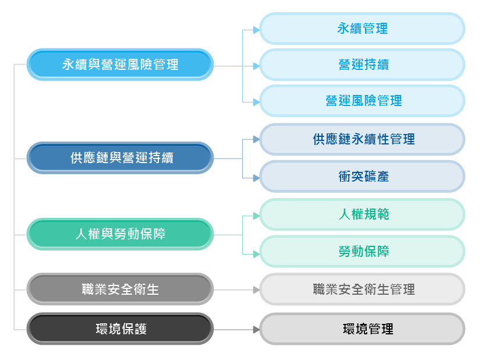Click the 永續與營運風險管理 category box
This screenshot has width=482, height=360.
(120, 64)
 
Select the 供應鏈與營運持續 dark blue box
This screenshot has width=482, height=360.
(120, 158)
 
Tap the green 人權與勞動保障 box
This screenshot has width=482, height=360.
(120, 234)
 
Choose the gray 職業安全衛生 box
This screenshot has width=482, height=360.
(120, 289)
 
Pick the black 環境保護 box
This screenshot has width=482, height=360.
(120, 329)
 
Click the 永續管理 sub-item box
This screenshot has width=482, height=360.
(362, 28)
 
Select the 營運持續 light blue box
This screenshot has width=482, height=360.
(362, 64)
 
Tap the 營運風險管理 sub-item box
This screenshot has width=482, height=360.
(362, 101)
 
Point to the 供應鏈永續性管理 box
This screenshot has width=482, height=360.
(362, 139)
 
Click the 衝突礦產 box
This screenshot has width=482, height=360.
(362, 177)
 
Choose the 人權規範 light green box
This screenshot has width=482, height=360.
(362, 214)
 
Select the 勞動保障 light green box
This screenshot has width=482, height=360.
(362, 252)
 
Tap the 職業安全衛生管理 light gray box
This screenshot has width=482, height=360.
(362, 289)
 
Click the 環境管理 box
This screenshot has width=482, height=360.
(362, 329)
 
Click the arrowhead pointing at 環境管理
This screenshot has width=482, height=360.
(256, 329)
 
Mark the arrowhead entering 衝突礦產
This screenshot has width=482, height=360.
(256, 177)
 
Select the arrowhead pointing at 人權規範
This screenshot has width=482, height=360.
(256, 215)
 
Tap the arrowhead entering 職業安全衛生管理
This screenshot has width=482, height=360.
(256, 290)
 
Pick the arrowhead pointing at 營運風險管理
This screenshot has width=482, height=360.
(256, 102)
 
